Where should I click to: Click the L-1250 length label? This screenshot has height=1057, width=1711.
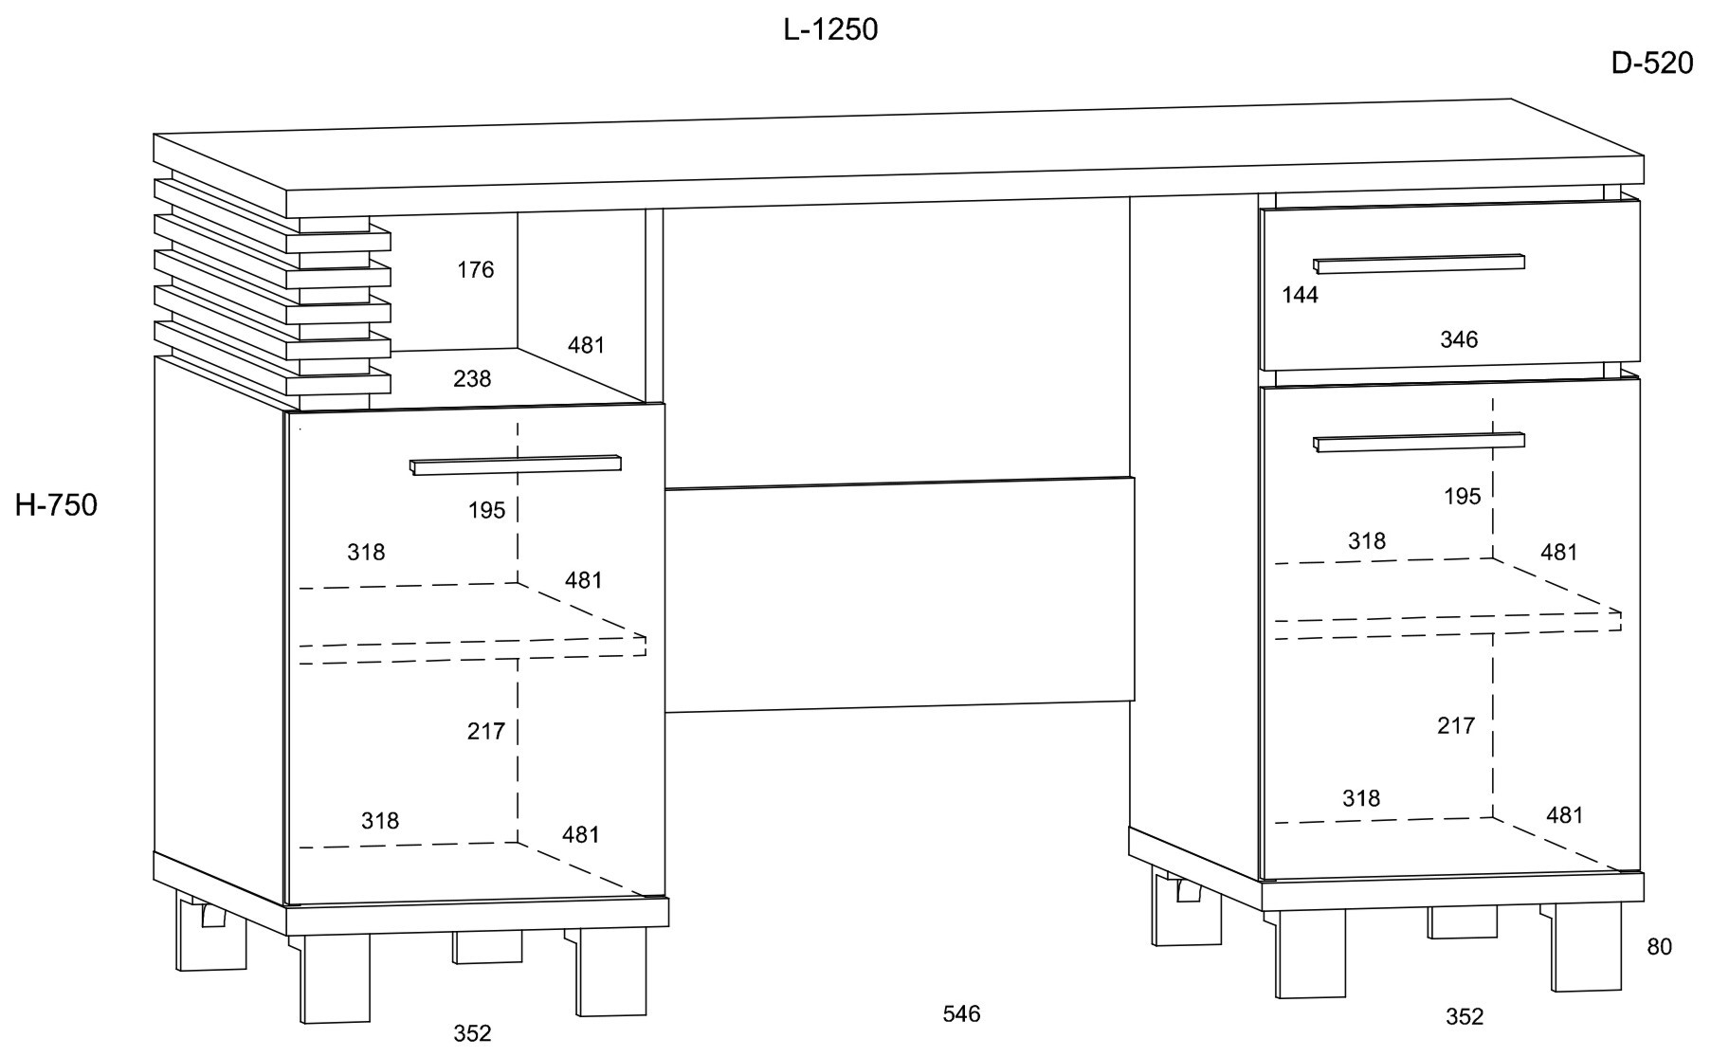tap(830, 30)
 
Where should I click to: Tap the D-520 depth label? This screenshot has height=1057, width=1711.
tap(1651, 64)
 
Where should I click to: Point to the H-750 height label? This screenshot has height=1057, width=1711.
tap(56, 505)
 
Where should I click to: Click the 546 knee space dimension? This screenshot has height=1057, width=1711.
tap(961, 1013)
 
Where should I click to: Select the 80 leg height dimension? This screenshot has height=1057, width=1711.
tap(1659, 946)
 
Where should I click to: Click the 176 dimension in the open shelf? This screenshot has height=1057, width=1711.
tap(475, 270)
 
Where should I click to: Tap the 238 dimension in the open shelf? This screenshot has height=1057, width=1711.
tap(472, 379)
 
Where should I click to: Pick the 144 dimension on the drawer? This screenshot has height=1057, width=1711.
tap(1300, 295)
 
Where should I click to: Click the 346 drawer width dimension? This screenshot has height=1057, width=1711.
tap(1459, 339)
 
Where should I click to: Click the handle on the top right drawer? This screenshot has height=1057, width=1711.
tap(1419, 264)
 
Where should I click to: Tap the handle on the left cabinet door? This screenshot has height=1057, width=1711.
tap(516, 465)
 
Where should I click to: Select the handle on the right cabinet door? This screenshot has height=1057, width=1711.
tap(1419, 442)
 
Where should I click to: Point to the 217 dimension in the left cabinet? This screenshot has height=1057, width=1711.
tap(485, 731)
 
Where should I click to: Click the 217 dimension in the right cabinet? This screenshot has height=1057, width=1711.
tap(1456, 725)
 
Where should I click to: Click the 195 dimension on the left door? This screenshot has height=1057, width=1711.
tap(486, 510)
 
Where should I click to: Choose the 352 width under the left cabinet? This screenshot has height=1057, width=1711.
tap(472, 1032)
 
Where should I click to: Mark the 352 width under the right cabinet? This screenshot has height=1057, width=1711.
tap(1464, 1016)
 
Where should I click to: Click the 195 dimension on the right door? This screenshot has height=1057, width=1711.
tap(1462, 496)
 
